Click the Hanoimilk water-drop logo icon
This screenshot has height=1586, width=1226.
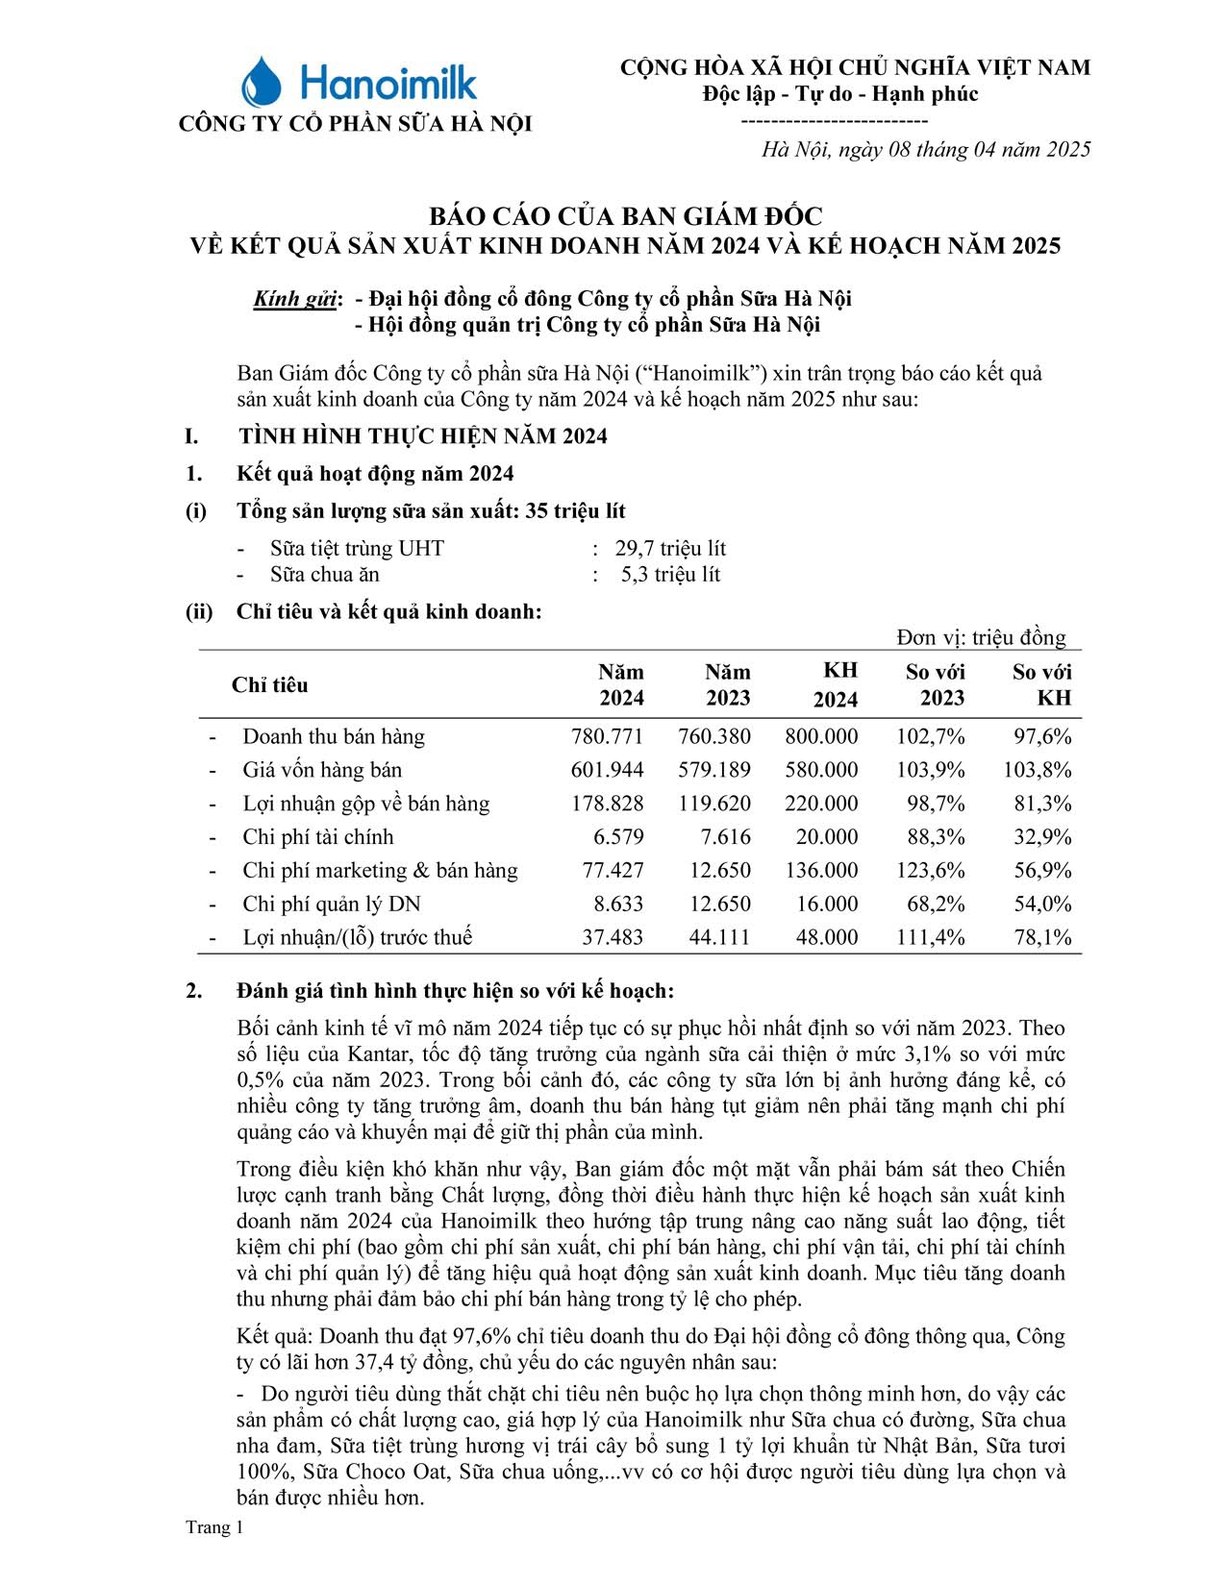coord(261,82)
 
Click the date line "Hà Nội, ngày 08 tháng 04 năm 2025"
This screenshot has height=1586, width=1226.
coord(926,149)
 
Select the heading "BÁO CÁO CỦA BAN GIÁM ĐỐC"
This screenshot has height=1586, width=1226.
coord(625,215)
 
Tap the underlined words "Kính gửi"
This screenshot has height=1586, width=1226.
coord(295,299)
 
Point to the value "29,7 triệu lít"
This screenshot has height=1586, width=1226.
coord(670,549)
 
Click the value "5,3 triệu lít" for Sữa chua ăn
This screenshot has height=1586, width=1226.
coord(670,575)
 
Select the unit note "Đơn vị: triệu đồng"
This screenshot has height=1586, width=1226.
coord(981,637)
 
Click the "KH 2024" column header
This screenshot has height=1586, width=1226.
coord(835,685)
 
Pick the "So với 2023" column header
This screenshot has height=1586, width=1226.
coord(936,685)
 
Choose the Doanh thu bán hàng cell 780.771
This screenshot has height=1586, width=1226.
coord(607,737)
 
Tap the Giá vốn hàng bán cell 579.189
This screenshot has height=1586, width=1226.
coord(713,770)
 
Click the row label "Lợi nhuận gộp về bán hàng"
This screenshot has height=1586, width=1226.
coord(365,804)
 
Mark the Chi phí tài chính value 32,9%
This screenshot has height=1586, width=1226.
coord(1042,837)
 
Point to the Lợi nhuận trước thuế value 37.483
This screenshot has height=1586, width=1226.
coord(613,937)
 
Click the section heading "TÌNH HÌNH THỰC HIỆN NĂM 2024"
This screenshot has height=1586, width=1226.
coord(423,436)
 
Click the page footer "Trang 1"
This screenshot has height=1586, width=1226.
coord(214,1527)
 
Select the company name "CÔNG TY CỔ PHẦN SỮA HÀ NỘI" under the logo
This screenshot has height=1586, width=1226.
coord(355,124)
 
